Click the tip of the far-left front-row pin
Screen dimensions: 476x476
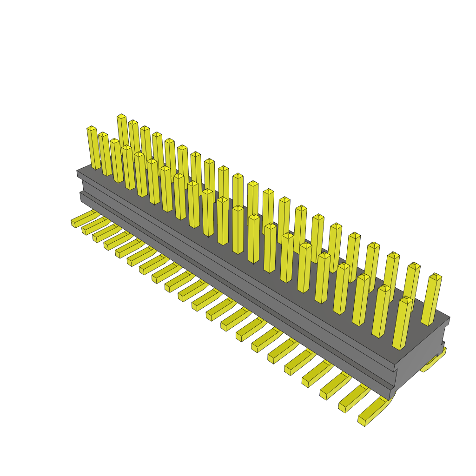pyautogui.click(x=91, y=128)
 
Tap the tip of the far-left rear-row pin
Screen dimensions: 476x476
pyautogui.click(x=121, y=116)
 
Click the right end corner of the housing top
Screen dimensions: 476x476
pyautogui.click(x=449, y=318)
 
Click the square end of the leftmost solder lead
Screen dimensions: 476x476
pyautogui.click(x=73, y=224)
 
